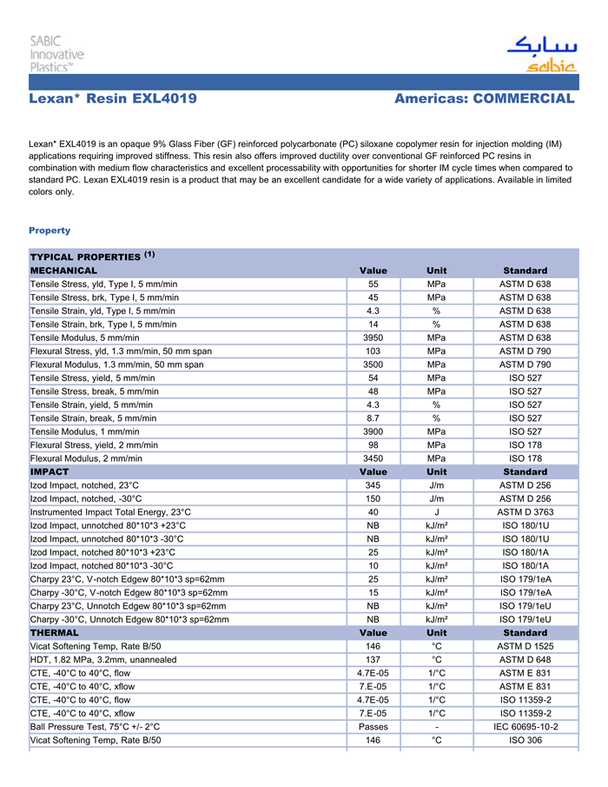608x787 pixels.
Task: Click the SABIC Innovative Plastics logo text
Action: (56, 54)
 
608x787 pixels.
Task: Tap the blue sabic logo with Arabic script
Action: (540, 55)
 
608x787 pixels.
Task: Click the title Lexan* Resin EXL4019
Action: (113, 99)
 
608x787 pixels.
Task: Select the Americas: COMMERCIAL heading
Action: (484, 99)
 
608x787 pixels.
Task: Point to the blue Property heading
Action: (50, 230)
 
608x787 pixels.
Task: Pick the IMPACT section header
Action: (50, 471)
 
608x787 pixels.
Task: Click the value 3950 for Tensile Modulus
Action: (373, 337)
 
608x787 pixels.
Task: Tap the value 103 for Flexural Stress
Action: (373, 350)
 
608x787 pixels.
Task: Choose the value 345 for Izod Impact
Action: (373, 485)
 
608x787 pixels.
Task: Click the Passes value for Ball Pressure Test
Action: (373, 726)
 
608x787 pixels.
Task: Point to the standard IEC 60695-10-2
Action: (525, 726)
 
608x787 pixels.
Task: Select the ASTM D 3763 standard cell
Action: (525, 512)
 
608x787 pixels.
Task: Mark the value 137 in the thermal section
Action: (373, 659)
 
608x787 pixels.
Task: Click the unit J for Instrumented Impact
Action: (437, 512)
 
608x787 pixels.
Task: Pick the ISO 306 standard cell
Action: (525, 740)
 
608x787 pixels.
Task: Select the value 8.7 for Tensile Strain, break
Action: (373, 417)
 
